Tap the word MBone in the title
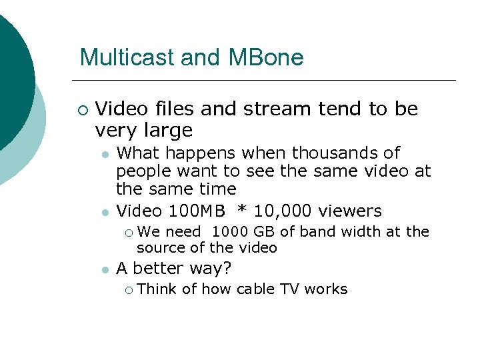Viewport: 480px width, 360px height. tap(265, 57)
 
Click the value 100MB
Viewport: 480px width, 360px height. tap(197, 211)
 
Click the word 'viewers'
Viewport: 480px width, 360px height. tap(350, 211)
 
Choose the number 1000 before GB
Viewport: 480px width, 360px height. tap(231, 232)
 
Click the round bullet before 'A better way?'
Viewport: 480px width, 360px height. tap(105, 269)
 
